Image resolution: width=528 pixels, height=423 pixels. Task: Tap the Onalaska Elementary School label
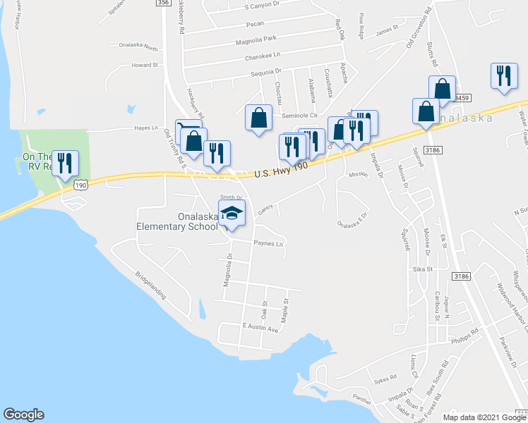(178, 221)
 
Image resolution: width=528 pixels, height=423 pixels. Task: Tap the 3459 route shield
(462, 98)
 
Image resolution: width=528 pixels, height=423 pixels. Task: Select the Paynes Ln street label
(269, 244)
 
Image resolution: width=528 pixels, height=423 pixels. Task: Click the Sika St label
(423, 269)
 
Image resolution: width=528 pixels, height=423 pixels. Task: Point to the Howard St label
(144, 65)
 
